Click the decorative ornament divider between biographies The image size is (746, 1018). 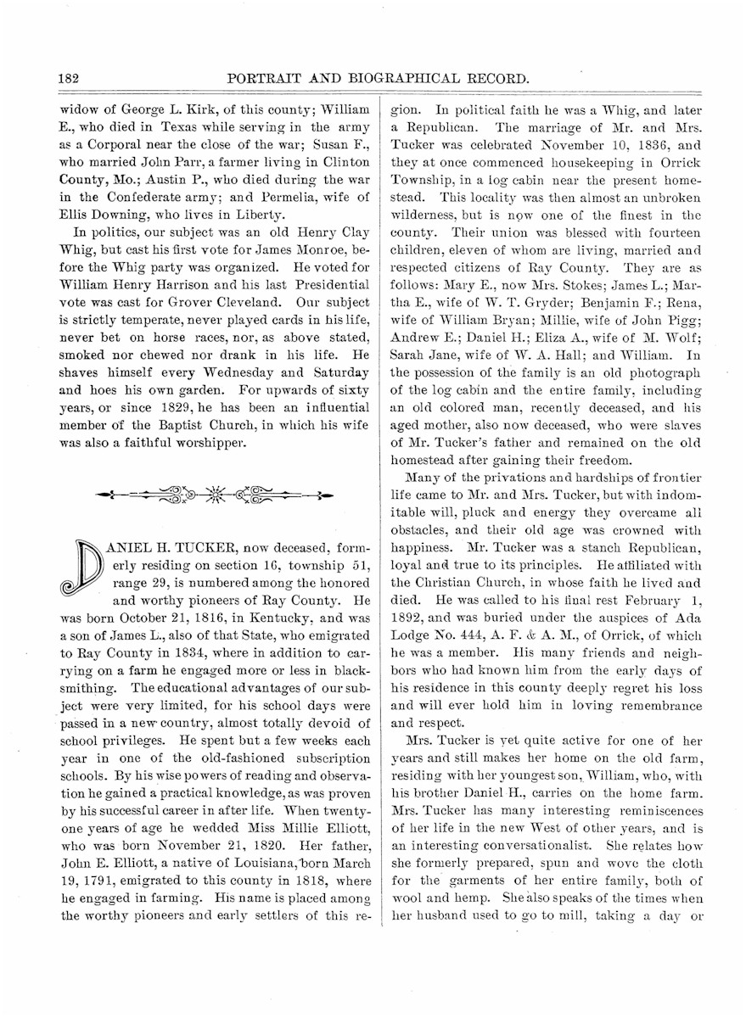pos(214,494)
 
